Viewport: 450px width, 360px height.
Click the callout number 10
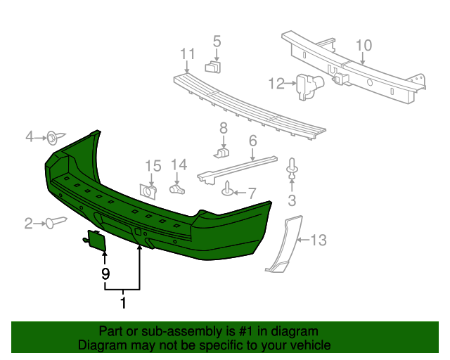(x=363, y=46)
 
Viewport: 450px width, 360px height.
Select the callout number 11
(x=186, y=54)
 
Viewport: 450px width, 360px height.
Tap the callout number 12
(x=276, y=84)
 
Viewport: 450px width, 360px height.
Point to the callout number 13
(x=319, y=240)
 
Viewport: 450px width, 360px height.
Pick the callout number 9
(x=105, y=274)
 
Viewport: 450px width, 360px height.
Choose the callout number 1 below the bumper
(x=124, y=304)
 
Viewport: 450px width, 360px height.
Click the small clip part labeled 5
(x=214, y=67)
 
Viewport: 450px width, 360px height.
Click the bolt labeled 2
(x=54, y=223)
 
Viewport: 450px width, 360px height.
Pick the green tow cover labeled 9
(x=96, y=241)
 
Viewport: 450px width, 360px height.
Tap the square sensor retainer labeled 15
(x=149, y=190)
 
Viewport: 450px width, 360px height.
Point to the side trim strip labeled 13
(x=283, y=247)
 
